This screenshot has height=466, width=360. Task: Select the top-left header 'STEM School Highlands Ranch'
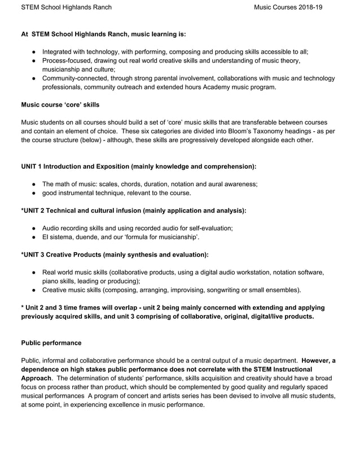66,7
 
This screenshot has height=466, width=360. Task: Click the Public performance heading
51,342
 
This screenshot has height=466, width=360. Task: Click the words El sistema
59,237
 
